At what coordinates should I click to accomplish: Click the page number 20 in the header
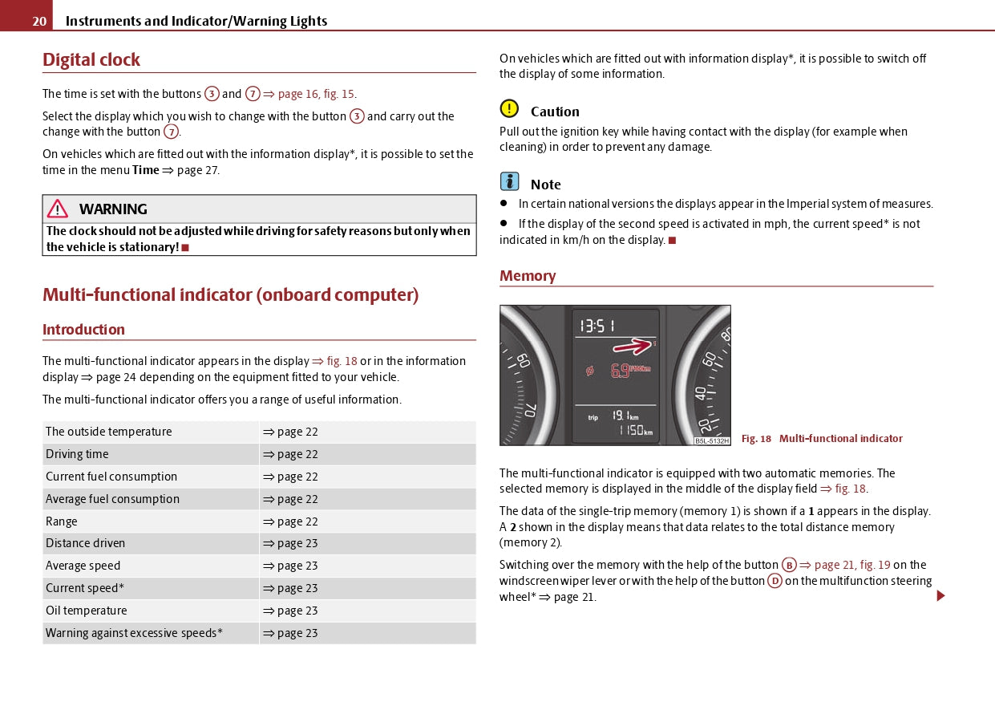coord(39,22)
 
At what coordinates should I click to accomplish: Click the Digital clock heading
coord(91,60)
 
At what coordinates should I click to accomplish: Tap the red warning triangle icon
coord(58,209)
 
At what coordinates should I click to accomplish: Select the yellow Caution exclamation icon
coord(509,109)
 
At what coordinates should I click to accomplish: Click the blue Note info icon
coord(509,182)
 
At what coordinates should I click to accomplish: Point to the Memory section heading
coord(528,276)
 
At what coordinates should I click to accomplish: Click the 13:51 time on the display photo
coord(598,326)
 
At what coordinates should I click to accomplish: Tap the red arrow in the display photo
coord(633,346)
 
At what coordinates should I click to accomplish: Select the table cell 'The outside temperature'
coord(108,432)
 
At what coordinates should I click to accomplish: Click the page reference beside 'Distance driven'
coord(290,543)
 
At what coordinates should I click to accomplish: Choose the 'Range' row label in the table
coord(62,521)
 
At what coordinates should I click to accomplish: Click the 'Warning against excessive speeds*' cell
coord(134,633)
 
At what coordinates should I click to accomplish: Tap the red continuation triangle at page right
coord(940,596)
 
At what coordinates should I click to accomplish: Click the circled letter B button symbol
coord(789,565)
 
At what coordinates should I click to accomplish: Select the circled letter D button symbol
coord(775,581)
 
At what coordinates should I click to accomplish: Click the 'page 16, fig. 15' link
coord(316,94)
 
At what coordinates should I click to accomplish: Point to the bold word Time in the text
coord(145,170)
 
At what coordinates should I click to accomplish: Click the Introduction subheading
coord(83,330)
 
